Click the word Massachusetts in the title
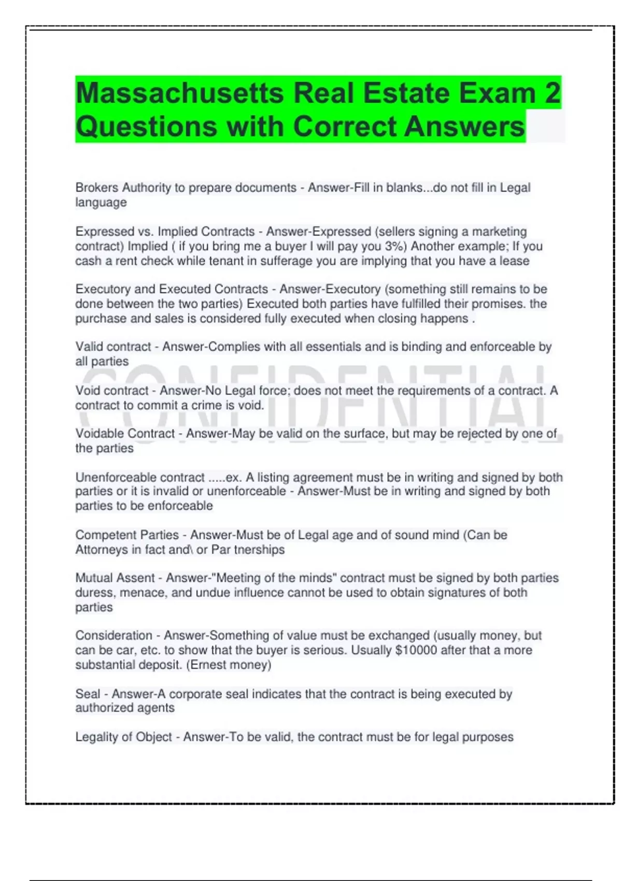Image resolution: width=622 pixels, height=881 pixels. (180, 93)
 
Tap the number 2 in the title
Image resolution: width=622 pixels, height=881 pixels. (553, 93)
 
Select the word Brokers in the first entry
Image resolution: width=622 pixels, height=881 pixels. (96, 188)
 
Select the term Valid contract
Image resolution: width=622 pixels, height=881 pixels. (112, 347)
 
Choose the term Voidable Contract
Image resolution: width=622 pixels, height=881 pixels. (125, 434)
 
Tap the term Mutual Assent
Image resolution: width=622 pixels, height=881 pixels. (115, 578)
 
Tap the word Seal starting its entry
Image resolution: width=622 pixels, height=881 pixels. (88, 694)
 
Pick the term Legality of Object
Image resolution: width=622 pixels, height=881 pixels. (123, 737)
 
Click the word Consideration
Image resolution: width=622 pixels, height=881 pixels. (114, 635)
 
